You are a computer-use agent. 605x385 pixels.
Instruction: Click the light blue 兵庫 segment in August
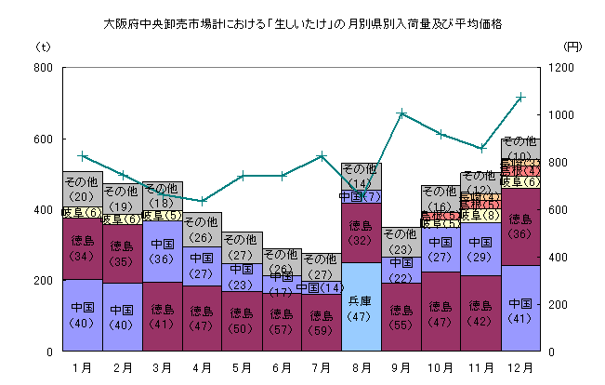361,307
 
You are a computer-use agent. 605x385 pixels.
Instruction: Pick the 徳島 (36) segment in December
520,227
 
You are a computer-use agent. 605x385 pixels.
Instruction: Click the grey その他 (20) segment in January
82,189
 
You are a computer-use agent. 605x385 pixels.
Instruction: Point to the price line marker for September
401,113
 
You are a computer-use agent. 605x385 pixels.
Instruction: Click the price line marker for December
520,97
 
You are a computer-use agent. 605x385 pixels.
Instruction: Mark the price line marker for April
202,201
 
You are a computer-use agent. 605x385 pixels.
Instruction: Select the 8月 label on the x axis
361,367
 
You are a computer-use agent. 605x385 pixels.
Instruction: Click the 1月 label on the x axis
82,367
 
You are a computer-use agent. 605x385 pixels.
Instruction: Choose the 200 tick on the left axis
41,281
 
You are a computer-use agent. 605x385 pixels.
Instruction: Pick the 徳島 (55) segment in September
401,317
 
